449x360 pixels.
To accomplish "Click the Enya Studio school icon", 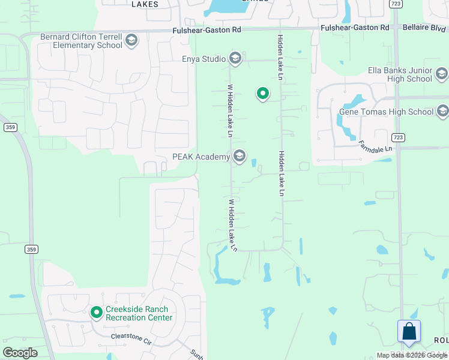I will tap(235, 58).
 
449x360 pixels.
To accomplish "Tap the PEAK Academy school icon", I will tap(240, 157).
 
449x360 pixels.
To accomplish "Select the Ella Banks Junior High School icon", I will tap(442, 74).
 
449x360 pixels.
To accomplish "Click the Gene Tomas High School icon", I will tap(443, 111).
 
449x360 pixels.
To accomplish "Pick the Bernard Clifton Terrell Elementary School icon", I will tap(131, 40).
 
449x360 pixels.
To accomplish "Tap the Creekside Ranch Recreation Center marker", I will tap(96, 313).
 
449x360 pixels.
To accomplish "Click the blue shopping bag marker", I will tap(409, 331).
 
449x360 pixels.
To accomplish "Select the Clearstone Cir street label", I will tap(130, 338).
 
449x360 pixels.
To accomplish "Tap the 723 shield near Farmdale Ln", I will tap(399, 137).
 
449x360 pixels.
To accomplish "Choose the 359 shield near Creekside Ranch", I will tap(32, 248).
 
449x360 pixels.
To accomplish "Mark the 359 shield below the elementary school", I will tap(10, 127).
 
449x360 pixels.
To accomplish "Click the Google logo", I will tap(20, 353).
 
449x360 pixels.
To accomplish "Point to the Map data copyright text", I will tap(412, 355).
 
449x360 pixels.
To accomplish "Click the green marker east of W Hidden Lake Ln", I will tap(262, 94).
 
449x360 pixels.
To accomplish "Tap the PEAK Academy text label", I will tap(201, 157).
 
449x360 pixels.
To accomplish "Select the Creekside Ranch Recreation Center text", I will tap(139, 313).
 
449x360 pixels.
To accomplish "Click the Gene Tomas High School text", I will tap(386, 112).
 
